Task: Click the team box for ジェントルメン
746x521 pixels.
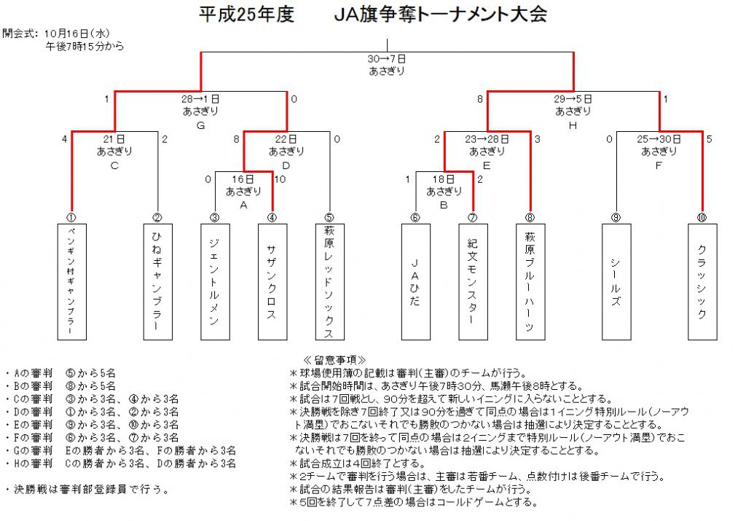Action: point(215,282)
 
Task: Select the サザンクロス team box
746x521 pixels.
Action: point(272,282)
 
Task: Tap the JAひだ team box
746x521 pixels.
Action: point(416,282)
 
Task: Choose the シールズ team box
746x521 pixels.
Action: point(616,282)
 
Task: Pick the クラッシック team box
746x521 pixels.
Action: point(702,282)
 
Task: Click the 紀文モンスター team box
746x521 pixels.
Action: point(473,282)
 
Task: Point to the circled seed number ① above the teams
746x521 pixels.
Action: point(71,218)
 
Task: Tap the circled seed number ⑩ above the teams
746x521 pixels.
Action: point(702,218)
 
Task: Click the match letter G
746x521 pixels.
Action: point(201,125)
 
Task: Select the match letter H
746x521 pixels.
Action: point(573,125)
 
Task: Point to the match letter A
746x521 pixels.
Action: point(243,205)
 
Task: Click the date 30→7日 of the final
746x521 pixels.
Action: point(387,59)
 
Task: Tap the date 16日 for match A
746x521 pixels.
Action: point(243,179)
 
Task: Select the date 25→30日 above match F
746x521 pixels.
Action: point(659,139)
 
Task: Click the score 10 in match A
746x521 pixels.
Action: point(280,179)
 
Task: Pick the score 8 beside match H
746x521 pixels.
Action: point(480,99)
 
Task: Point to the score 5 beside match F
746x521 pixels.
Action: point(710,139)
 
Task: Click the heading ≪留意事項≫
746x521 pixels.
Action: point(334,360)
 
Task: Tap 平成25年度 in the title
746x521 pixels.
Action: point(246,15)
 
